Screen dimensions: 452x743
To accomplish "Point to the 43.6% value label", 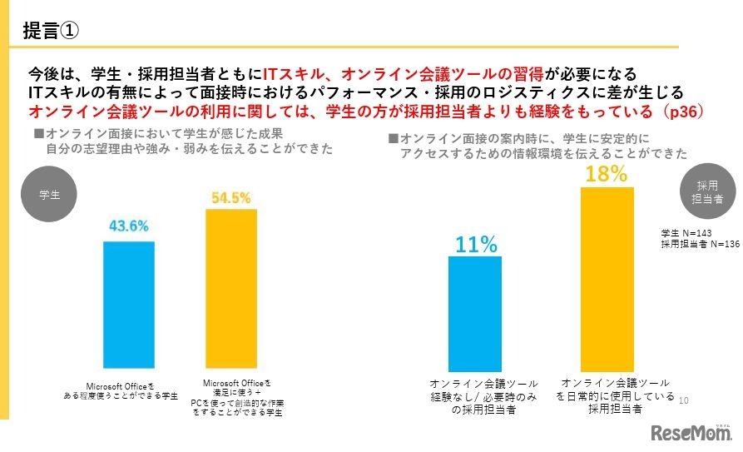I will tap(128, 226).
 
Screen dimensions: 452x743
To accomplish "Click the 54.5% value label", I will tap(231, 197).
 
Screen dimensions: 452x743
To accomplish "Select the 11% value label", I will tap(475, 244).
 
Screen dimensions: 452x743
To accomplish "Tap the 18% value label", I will tap(606, 174).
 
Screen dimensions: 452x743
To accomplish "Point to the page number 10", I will tap(684, 400).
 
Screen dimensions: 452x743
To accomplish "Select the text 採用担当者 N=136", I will tap(699, 244).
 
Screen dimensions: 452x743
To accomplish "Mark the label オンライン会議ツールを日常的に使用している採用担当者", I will tap(615, 395).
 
